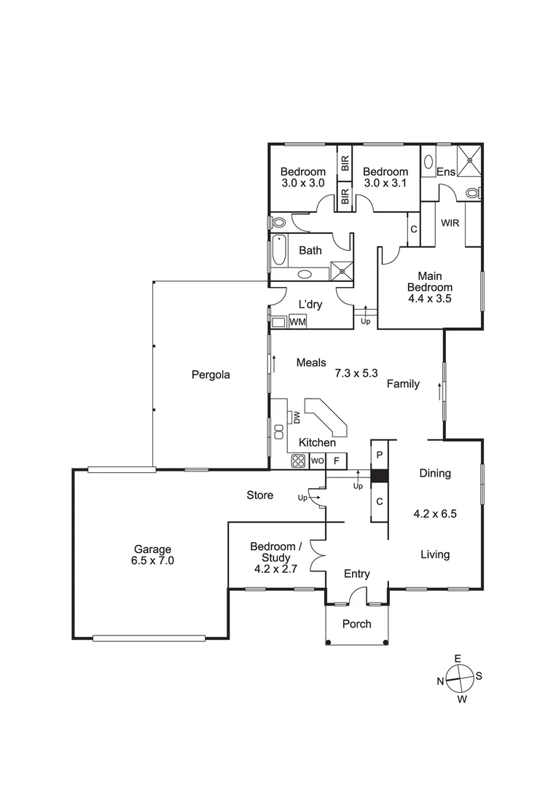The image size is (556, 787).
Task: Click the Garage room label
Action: [153, 555]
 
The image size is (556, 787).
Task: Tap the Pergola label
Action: [211, 375]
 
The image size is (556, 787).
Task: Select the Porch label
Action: [356, 624]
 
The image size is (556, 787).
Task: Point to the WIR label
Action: [450, 223]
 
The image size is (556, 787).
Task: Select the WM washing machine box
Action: [297, 321]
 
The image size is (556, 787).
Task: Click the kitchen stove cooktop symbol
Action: [299, 461]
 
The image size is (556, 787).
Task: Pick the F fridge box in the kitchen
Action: [336, 461]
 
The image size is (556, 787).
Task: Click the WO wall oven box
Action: [317, 461]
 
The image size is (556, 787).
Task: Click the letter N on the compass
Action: [441, 681]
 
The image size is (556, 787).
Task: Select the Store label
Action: [259, 496]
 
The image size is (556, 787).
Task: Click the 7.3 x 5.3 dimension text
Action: [356, 373]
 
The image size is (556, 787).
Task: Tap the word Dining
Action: [435, 473]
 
